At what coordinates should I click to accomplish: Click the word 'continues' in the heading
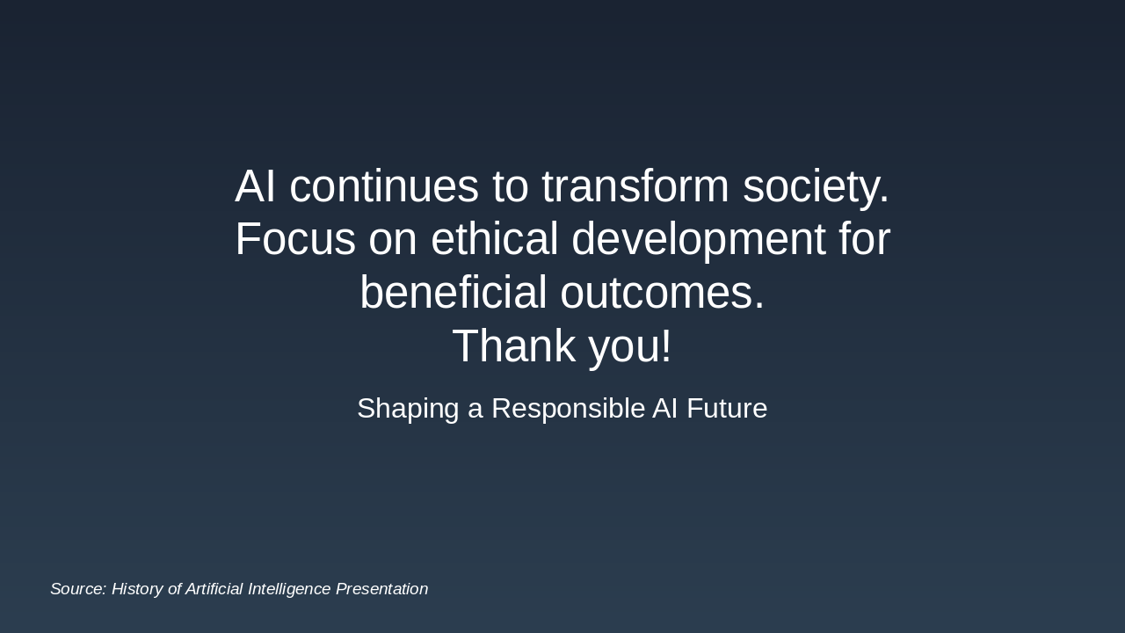384,186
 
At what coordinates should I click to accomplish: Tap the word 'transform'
635,186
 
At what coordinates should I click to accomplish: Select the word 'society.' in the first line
816,186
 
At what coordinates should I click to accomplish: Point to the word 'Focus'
295,239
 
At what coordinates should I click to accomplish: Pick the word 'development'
699,239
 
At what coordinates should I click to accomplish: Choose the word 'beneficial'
454,293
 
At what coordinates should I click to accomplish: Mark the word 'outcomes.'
663,293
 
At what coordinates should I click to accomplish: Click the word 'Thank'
513,346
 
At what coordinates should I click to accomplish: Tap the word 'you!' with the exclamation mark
630,346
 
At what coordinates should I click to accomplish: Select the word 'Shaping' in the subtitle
408,408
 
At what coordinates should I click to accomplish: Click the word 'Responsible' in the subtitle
569,408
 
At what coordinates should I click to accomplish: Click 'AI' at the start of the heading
256,186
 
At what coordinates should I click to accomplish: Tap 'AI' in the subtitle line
665,408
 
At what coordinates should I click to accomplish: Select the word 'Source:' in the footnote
78,589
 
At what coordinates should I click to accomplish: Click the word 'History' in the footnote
137,589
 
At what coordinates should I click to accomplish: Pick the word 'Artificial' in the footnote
214,589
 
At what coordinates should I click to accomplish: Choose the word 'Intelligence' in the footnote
289,589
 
